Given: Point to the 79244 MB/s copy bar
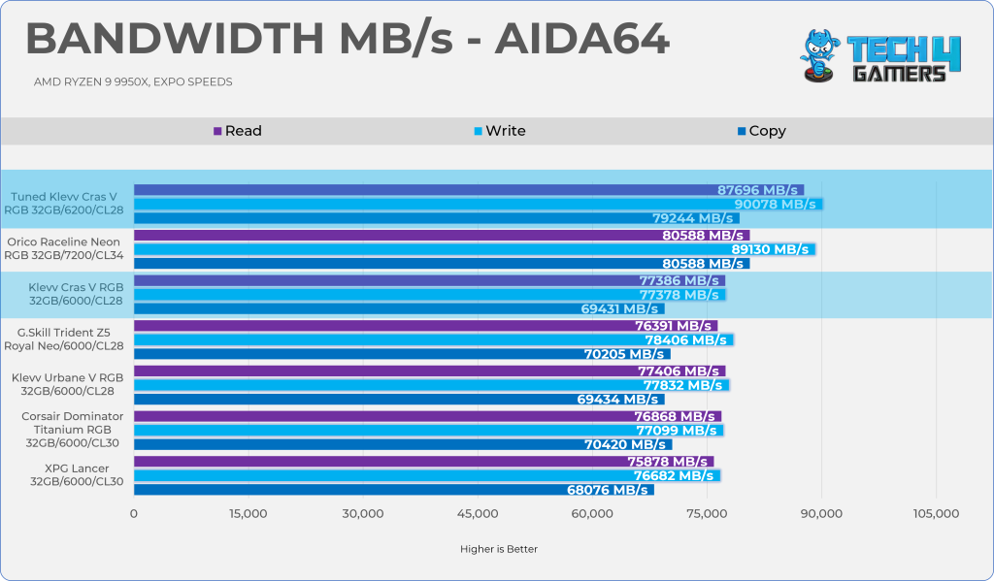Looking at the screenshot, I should pyautogui.click(x=436, y=218).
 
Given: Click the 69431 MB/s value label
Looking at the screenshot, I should pyautogui.click(x=622, y=308).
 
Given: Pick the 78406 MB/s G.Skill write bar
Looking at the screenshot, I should pyautogui.click(x=433, y=339).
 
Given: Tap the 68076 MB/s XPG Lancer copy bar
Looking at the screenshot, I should pyautogui.click(x=393, y=490).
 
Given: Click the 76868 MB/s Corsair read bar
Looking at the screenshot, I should pyautogui.click(x=427, y=416).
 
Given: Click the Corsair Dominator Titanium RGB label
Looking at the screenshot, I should pyautogui.click(x=66, y=430).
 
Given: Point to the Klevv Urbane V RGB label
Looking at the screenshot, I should pyautogui.click(x=67, y=384).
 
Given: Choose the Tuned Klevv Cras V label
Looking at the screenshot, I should pyautogui.click(x=67, y=204).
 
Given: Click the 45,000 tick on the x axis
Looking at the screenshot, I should pyautogui.click(x=478, y=514).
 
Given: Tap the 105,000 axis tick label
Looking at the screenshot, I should pyautogui.click(x=935, y=514).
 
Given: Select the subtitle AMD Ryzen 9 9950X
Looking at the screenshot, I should pyautogui.click(x=133, y=82).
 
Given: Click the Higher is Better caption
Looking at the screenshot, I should pyautogui.click(x=498, y=549).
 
